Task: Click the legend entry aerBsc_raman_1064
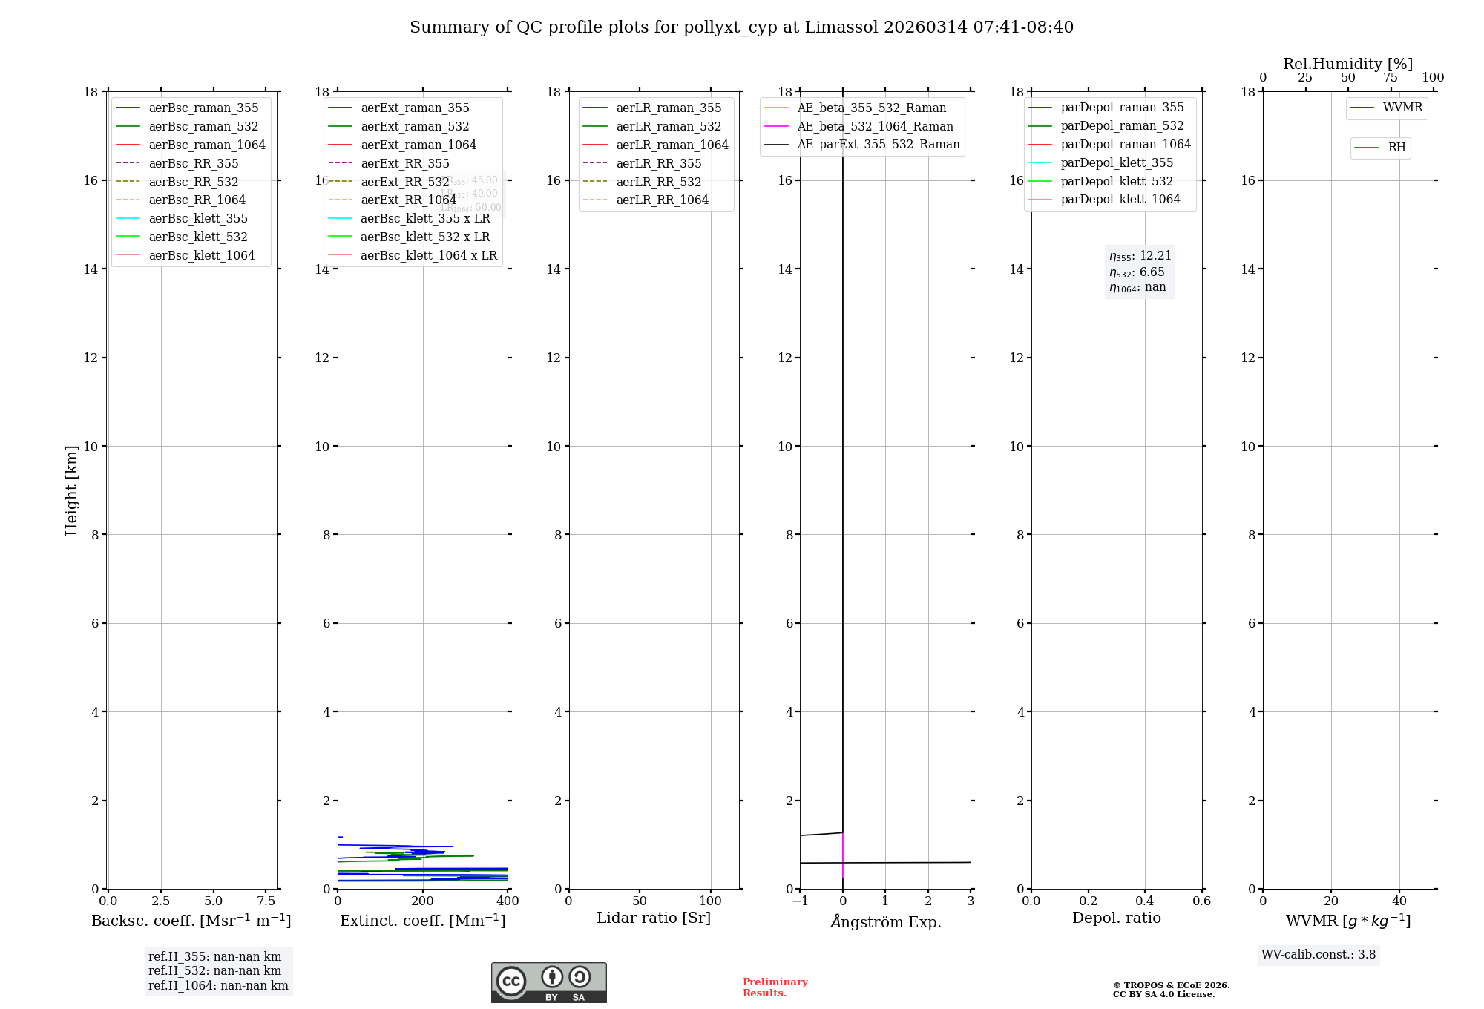pos(206,145)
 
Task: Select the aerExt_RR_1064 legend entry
pos(408,200)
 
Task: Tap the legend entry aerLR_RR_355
pos(658,163)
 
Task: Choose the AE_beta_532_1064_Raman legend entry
pos(875,126)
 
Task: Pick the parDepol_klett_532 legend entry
pos(1117,181)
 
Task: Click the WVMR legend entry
pos(1402,108)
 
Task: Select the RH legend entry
pos(1396,148)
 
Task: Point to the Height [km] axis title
pos(71,490)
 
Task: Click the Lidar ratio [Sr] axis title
pos(654,918)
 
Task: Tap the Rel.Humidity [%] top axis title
pos(1347,64)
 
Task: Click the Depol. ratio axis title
pos(1116,918)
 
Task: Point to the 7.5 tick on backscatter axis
pos(266,901)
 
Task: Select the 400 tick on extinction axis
pos(508,901)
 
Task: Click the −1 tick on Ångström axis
pos(800,901)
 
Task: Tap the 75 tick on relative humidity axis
pos(1391,78)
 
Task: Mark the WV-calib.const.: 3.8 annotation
pos(1319,955)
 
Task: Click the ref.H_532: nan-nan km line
pos(214,970)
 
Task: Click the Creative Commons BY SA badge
pos(548,982)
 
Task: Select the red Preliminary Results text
pos(775,987)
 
